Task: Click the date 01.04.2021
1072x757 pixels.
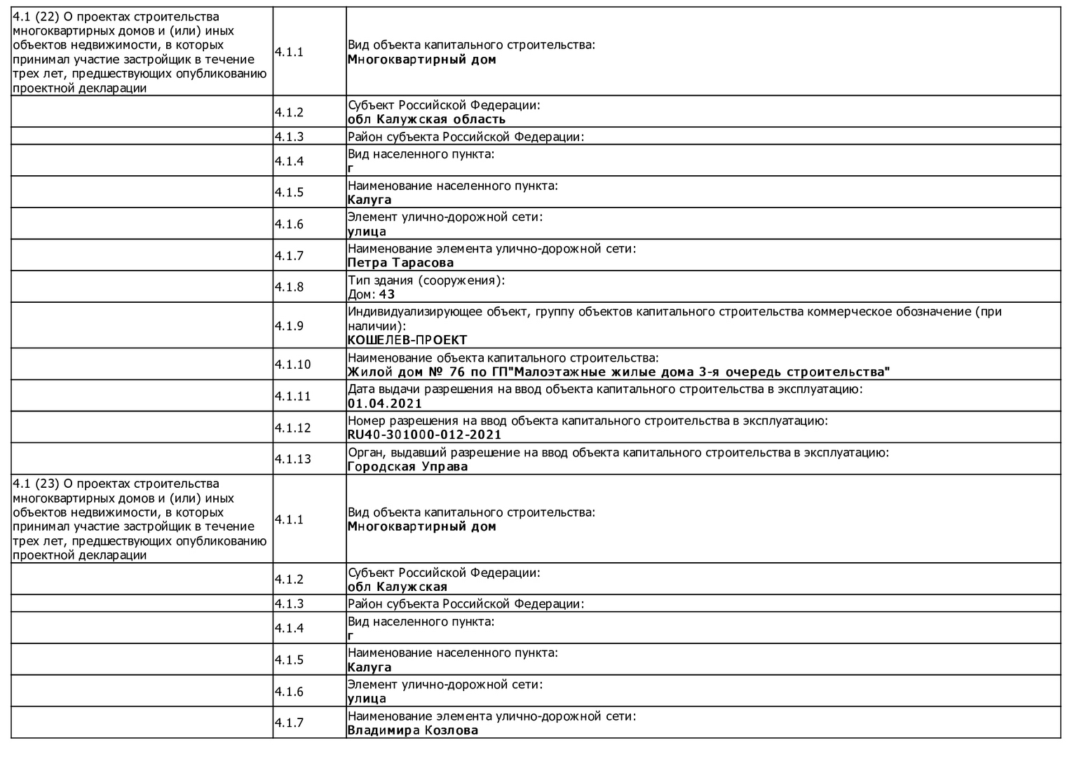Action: [x=385, y=403]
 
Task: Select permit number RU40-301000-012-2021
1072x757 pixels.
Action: [x=424, y=435]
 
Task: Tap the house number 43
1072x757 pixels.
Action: [x=387, y=294]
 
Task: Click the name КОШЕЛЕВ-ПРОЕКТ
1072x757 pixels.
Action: [x=407, y=340]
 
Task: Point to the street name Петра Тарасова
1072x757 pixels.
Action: [x=400, y=263]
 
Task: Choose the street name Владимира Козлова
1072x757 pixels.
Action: [x=412, y=730]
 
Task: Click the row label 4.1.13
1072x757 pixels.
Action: [x=292, y=459]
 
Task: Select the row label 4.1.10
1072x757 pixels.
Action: [x=292, y=364]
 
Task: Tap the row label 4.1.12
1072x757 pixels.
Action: [x=292, y=428]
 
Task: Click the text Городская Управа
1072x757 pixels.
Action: [x=407, y=466]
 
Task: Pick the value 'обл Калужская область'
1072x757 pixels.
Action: [x=426, y=119]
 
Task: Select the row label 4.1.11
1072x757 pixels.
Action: [x=292, y=396]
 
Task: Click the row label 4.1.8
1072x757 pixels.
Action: [x=289, y=287]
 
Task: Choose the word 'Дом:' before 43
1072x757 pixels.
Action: [x=362, y=294]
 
